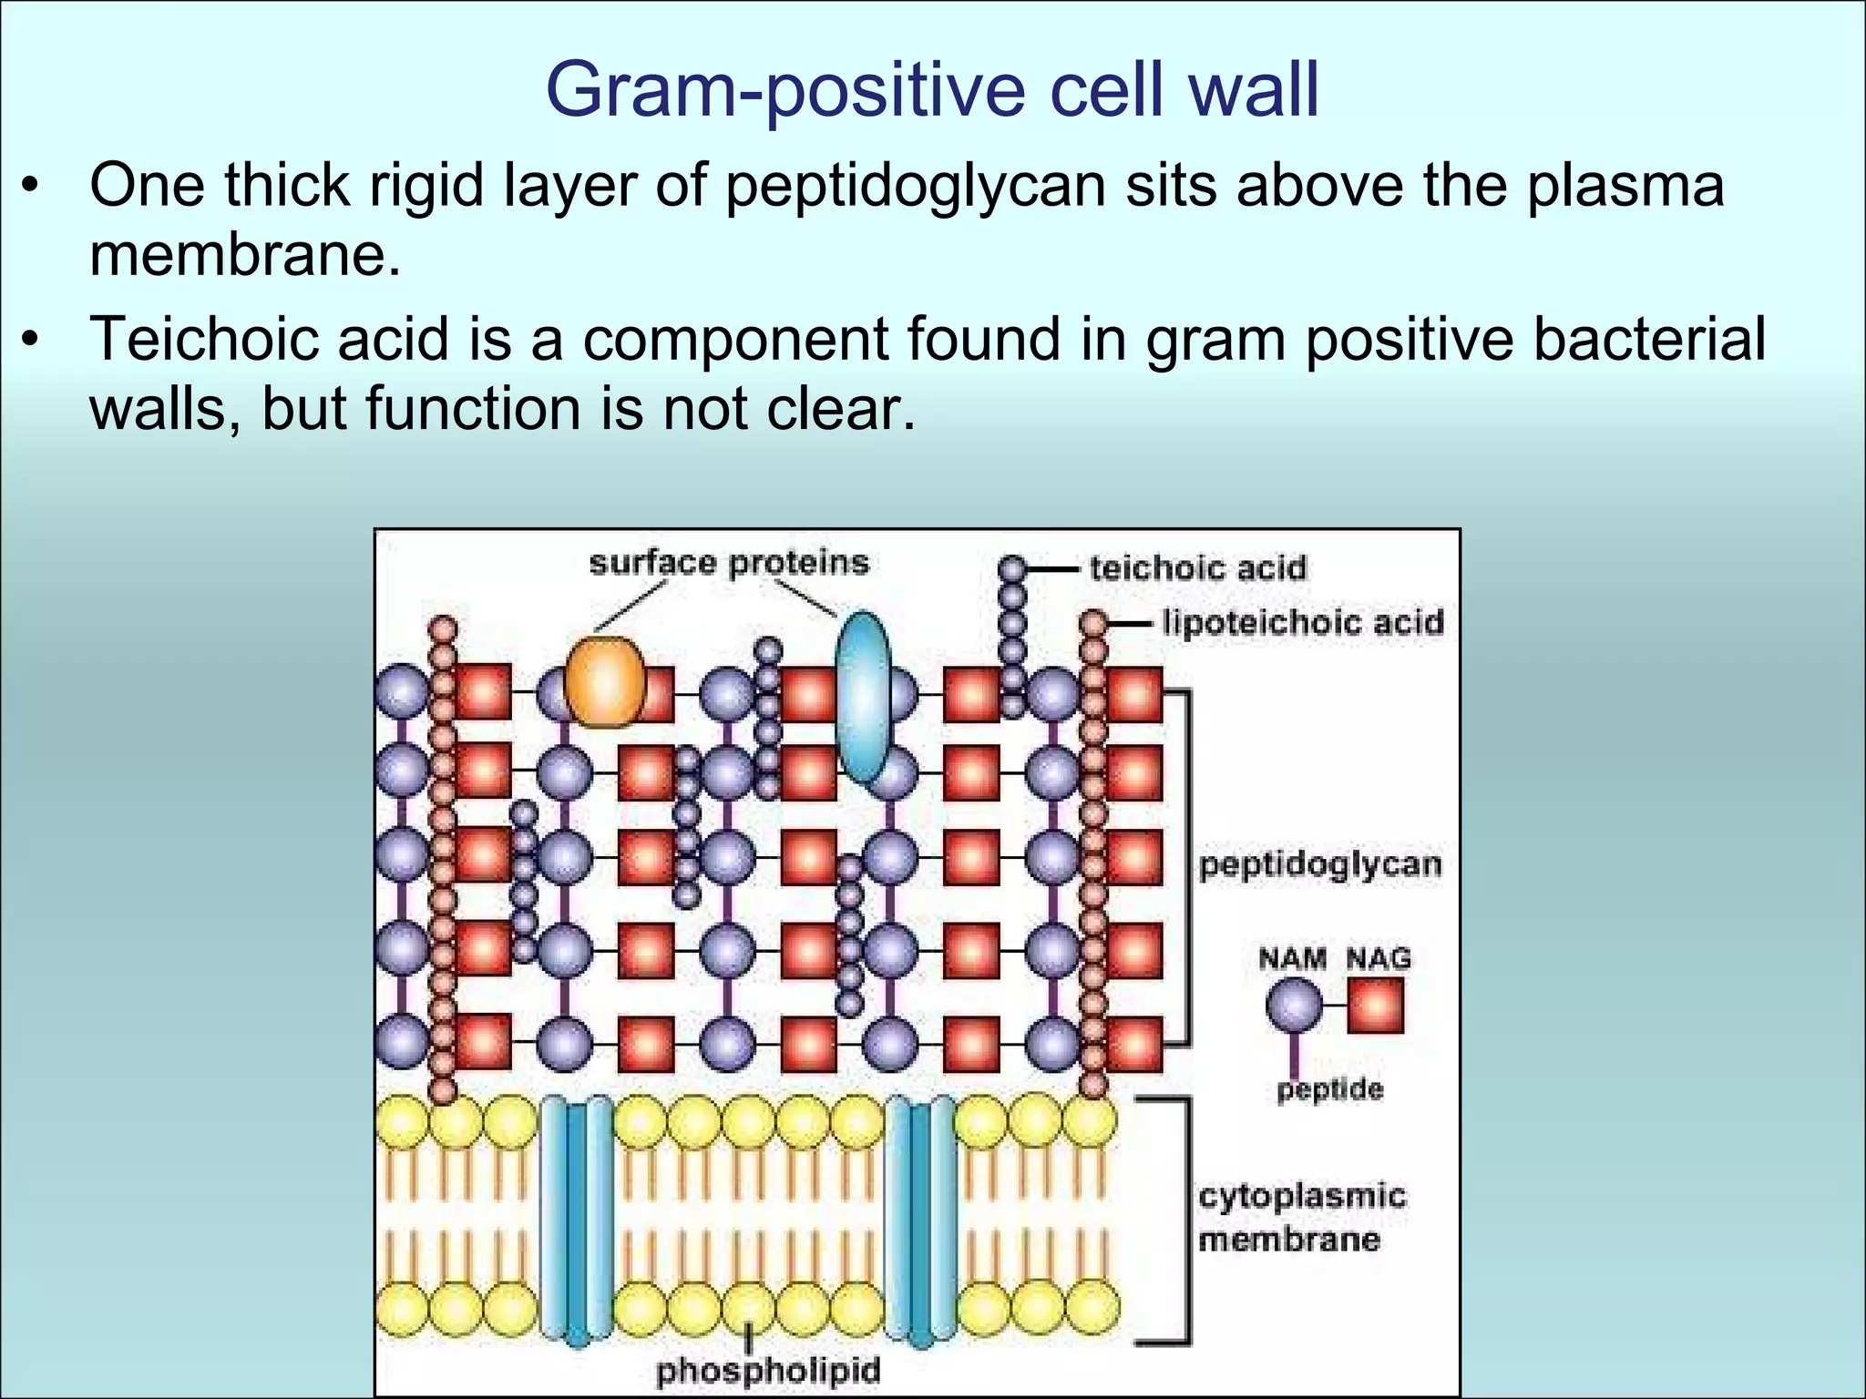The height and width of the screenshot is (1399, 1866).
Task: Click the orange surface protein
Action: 604,682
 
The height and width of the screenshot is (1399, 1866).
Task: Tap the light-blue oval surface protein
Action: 863,697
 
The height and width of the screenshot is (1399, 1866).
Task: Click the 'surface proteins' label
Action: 729,562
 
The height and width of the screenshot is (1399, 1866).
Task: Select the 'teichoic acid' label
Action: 1198,568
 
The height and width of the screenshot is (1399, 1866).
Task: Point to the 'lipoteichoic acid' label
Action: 1303,623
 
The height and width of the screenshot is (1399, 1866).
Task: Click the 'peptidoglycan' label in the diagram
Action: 1320,864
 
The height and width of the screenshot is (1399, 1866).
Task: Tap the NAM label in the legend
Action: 1292,958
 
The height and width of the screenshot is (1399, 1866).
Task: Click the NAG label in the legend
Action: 1379,958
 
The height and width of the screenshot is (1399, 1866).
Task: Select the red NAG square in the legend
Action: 1375,1006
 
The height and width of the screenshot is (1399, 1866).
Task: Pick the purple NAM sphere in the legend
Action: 1294,1006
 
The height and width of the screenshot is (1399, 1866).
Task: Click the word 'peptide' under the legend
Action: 1329,1089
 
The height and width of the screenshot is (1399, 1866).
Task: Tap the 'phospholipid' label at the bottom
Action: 768,1371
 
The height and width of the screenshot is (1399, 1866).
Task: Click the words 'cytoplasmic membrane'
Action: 1301,1218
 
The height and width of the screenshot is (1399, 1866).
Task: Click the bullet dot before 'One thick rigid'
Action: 32,187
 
